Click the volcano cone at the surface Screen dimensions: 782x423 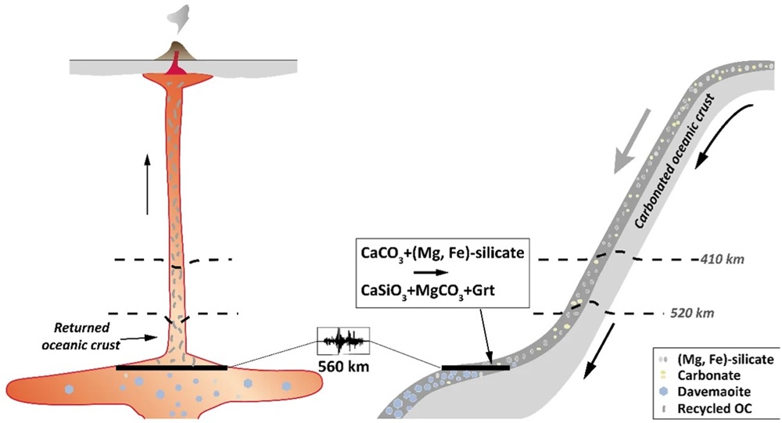click(175, 51)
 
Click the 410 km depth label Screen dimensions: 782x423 click(723, 260)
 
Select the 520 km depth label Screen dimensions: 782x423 click(692, 314)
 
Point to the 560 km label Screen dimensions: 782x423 click(343, 367)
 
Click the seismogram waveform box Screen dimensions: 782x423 click(343, 341)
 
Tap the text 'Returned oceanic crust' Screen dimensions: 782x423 click(81, 336)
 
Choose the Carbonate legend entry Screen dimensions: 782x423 click(700, 375)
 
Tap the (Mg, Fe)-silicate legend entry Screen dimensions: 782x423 click(716, 359)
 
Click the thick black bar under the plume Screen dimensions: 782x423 click(171, 368)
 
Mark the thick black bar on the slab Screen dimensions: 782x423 click(475, 368)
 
